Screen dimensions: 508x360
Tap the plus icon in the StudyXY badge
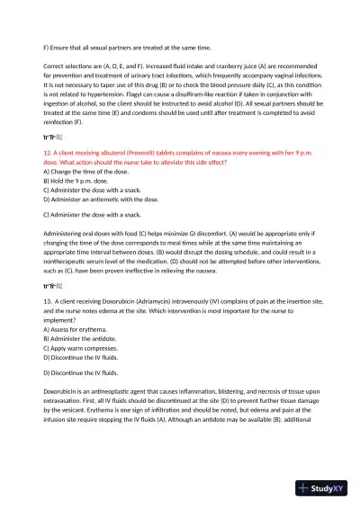click(306, 489)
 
